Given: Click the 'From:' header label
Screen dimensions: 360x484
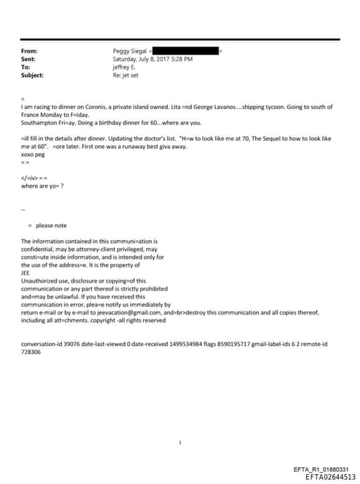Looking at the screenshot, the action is click(x=30, y=51).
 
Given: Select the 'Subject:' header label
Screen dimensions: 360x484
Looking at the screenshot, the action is click(x=32, y=75).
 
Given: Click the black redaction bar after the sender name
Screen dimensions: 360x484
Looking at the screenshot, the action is click(x=186, y=51).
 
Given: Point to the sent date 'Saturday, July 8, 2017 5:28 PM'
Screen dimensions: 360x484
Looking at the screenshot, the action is click(x=153, y=59).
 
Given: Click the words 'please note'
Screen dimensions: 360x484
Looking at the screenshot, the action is click(x=51, y=225).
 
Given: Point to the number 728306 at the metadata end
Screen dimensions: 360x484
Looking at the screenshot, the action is click(x=32, y=351).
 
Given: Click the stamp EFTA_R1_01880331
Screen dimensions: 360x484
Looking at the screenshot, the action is click(x=321, y=469).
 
